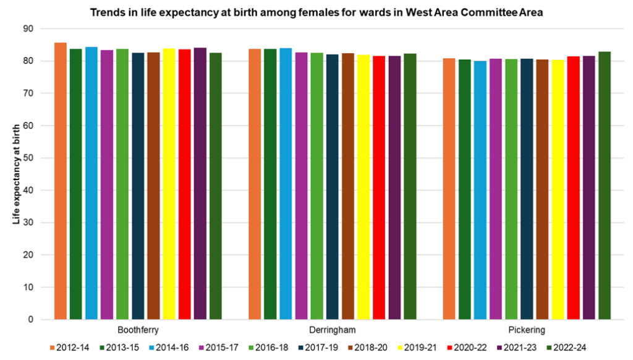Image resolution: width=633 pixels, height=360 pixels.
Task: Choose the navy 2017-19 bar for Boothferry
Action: click(x=138, y=186)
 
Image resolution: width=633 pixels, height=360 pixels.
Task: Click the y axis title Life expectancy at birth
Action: click(x=17, y=174)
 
